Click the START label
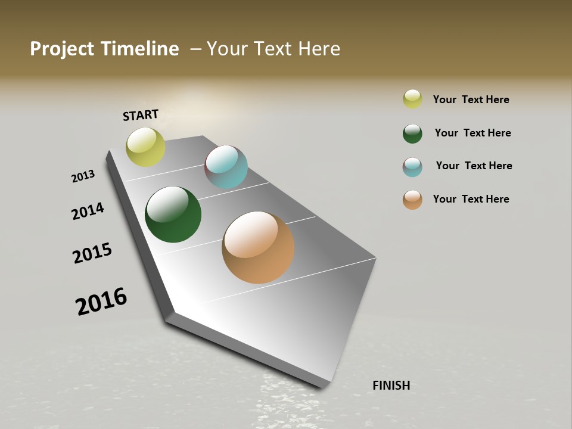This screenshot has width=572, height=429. (x=141, y=114)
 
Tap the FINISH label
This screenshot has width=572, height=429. (x=391, y=386)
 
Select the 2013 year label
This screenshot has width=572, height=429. (x=83, y=176)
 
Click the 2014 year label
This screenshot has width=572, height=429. (x=88, y=211)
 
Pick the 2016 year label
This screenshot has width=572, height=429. (x=101, y=301)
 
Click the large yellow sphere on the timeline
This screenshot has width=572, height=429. (x=145, y=147)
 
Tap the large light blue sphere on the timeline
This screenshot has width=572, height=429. (x=226, y=167)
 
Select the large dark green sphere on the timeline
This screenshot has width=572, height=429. (x=173, y=214)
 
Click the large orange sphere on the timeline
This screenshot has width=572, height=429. (x=258, y=247)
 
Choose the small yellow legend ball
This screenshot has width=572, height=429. (x=412, y=99)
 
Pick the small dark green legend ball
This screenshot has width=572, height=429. (x=412, y=133)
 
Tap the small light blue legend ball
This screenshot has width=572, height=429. (x=412, y=167)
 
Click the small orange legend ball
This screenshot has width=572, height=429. (x=412, y=200)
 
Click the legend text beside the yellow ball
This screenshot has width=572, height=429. (x=471, y=100)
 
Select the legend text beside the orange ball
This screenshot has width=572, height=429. (x=471, y=199)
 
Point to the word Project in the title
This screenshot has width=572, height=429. (x=62, y=49)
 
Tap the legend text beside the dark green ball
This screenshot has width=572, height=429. (x=472, y=133)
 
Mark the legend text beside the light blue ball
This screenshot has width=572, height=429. (x=474, y=166)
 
